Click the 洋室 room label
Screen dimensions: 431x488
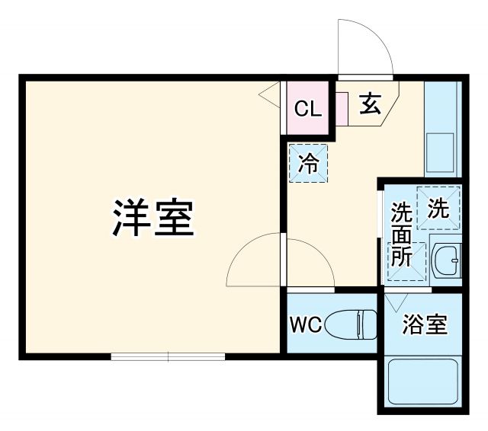[153, 218]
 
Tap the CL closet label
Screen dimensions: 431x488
[308, 109]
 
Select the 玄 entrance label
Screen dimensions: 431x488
[370, 104]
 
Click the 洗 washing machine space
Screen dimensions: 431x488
[438, 206]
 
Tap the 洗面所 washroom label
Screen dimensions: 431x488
[401, 234]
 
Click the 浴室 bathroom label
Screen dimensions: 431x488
[425, 325]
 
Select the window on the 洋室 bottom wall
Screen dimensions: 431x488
[168, 356]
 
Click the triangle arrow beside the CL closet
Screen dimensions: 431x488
[268, 94]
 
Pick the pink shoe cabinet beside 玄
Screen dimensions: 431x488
[341, 108]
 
